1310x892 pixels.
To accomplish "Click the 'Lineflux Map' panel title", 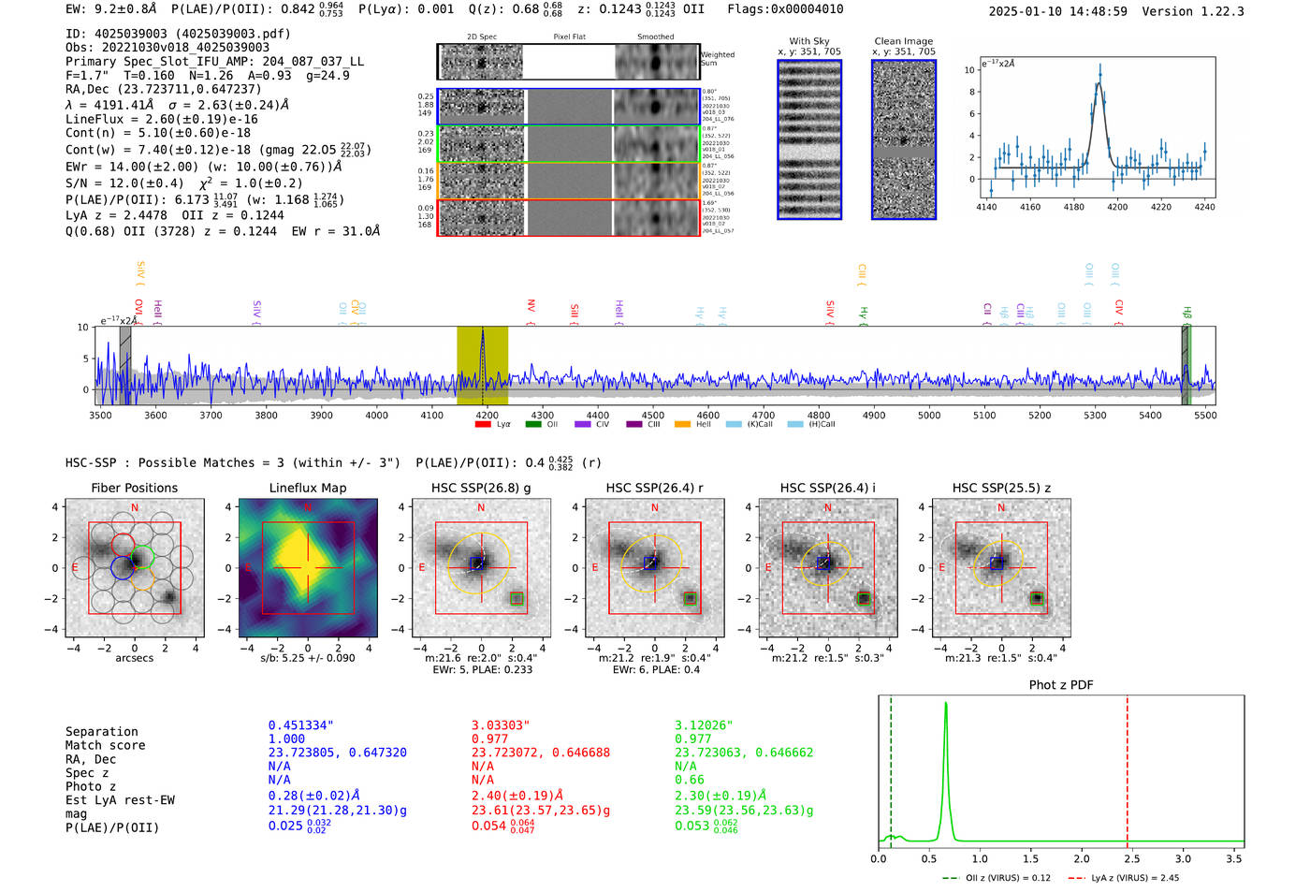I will coord(307,488).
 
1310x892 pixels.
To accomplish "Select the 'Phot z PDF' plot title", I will coord(1060,685).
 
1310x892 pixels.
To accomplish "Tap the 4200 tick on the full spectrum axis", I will coord(487,416).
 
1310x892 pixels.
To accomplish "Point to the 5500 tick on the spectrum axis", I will coord(1205,416).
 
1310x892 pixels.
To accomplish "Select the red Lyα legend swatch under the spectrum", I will coord(483,425).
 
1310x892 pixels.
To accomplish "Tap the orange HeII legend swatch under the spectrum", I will coord(682,425).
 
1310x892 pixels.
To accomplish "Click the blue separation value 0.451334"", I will coord(300,725).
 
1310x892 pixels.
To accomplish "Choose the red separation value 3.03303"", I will coord(500,725).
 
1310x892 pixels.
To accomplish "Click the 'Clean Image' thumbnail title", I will coord(903,41).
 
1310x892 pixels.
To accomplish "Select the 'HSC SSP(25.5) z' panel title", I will coord(1001,488).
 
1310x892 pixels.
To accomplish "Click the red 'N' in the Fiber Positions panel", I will coord(135,507).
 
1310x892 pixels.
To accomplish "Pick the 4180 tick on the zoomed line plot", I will coord(1073,207).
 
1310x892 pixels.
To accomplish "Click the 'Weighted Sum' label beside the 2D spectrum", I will coord(717,59).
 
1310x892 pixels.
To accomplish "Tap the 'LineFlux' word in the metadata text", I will coord(95,120).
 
